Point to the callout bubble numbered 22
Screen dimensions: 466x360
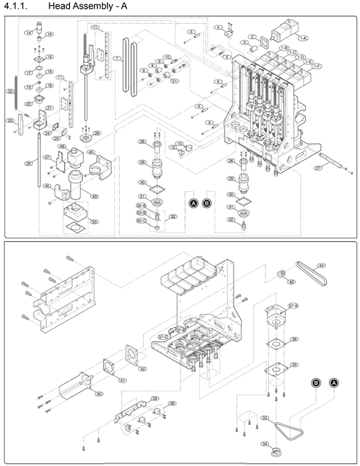click(x=10, y=91)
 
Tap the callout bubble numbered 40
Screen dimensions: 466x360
click(x=99, y=394)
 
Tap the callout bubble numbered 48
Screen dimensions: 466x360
click(x=62, y=147)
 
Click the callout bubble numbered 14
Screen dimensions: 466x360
click(x=28, y=33)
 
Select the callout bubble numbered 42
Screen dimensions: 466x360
click(x=142, y=368)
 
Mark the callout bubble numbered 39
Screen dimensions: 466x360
click(x=155, y=399)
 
